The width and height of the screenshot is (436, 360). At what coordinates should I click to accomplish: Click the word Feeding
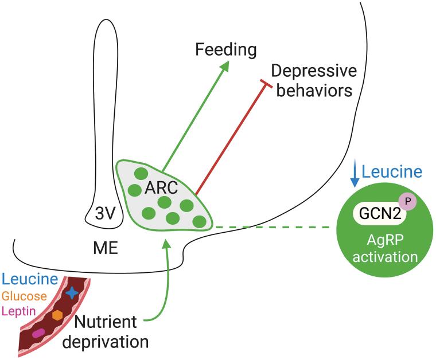click(225, 49)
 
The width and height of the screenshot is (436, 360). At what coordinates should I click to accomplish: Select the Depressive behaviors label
click(313, 80)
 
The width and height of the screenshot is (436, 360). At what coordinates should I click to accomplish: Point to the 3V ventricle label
click(105, 213)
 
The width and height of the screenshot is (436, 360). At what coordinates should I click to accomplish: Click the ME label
click(106, 248)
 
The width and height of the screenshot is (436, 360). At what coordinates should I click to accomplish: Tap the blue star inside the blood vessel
click(72, 293)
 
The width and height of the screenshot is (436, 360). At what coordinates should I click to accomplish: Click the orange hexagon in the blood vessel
click(57, 315)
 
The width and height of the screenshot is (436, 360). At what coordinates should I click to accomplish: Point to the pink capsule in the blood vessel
click(38, 333)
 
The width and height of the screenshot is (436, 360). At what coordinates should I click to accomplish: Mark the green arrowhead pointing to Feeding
click(225, 65)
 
